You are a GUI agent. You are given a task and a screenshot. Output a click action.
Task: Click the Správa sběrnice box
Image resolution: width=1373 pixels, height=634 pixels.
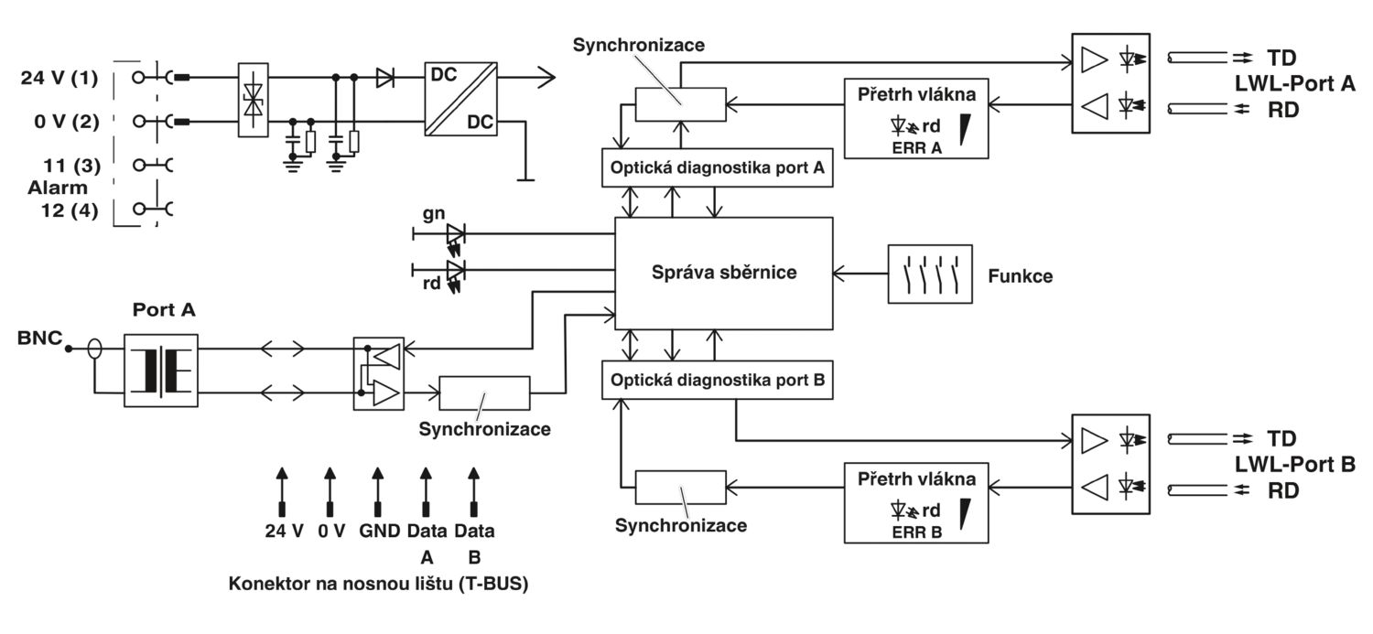coord(723,274)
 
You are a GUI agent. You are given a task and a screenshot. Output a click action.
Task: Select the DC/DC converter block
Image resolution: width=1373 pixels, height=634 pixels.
coord(461,98)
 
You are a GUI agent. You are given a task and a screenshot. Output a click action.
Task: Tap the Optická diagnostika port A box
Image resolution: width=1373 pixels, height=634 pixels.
coord(717,167)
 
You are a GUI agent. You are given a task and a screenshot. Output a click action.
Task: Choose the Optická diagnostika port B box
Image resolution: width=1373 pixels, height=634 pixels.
coord(717,380)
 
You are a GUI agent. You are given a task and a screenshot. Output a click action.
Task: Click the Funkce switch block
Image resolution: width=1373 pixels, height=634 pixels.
coord(930,274)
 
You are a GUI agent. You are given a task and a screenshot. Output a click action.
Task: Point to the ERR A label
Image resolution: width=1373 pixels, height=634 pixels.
coord(917,147)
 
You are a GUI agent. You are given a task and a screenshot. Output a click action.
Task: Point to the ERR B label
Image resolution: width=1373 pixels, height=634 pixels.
coord(917,532)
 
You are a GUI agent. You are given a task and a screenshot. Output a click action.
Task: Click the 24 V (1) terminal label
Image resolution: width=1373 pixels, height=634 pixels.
coord(59,78)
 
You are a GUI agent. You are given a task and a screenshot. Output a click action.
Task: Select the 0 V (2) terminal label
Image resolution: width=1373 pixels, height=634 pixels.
coord(66,122)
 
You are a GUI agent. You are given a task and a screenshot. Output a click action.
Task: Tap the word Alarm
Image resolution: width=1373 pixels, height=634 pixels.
coord(58,188)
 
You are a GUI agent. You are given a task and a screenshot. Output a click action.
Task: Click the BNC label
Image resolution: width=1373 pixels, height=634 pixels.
coord(40,338)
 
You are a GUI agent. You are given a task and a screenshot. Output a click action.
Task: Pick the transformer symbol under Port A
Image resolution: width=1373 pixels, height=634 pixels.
coord(160,370)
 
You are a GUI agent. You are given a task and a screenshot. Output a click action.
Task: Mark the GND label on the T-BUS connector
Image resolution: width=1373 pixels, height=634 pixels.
coord(380,531)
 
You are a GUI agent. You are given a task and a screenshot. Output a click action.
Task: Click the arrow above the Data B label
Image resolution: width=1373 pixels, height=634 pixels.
coord(474,491)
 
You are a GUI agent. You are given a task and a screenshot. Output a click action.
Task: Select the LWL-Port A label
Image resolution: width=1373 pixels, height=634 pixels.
coord(1294,83)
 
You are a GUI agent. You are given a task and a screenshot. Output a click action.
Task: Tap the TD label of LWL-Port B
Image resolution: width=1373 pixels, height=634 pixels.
coord(1281,438)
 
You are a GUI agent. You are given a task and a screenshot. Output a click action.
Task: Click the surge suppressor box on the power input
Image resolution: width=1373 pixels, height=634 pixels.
coord(254,99)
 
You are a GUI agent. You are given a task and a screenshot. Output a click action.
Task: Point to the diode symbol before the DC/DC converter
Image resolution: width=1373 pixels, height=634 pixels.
coord(385,78)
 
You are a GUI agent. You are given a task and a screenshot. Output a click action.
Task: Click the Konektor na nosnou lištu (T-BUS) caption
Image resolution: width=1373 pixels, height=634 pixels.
coord(378,583)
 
